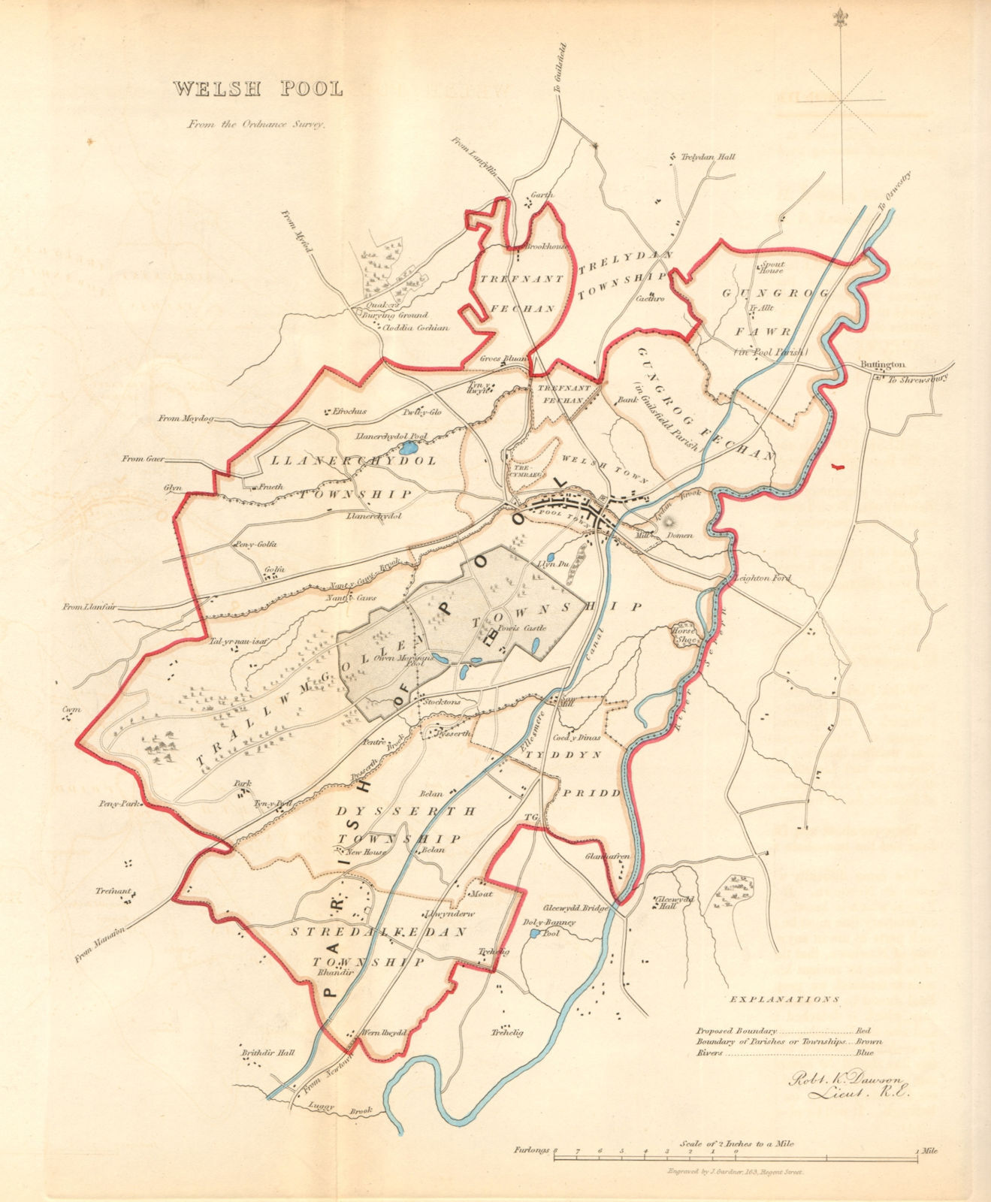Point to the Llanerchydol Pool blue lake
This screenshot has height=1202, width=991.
point(408,447)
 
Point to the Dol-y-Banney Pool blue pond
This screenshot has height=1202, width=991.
point(533,933)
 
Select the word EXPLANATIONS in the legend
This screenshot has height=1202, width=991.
point(782,1000)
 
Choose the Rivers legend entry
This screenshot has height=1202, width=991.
point(709,1053)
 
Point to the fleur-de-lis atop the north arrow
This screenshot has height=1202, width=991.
point(839,17)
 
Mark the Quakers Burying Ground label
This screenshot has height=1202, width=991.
point(395,311)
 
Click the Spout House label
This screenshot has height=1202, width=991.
point(770,268)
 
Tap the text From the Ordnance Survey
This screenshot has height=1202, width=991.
point(256,125)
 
